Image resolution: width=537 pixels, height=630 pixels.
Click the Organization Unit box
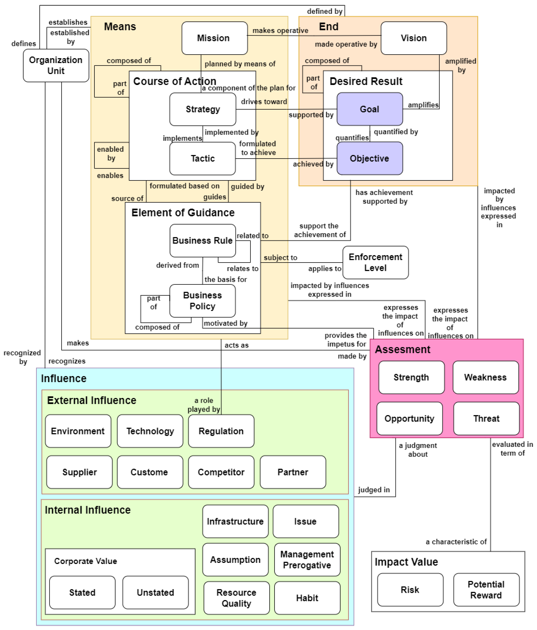[56, 65]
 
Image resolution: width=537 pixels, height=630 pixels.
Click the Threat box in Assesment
[486, 418]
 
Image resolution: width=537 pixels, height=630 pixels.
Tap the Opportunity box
[409, 418]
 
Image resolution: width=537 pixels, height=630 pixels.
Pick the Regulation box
[221, 431]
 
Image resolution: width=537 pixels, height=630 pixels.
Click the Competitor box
[221, 472]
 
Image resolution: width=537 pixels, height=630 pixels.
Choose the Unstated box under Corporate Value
[155, 592]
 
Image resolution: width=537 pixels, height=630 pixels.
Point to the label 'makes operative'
[280, 30]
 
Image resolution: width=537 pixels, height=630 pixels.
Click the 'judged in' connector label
[374, 490]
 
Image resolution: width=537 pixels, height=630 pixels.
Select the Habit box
[307, 598]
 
